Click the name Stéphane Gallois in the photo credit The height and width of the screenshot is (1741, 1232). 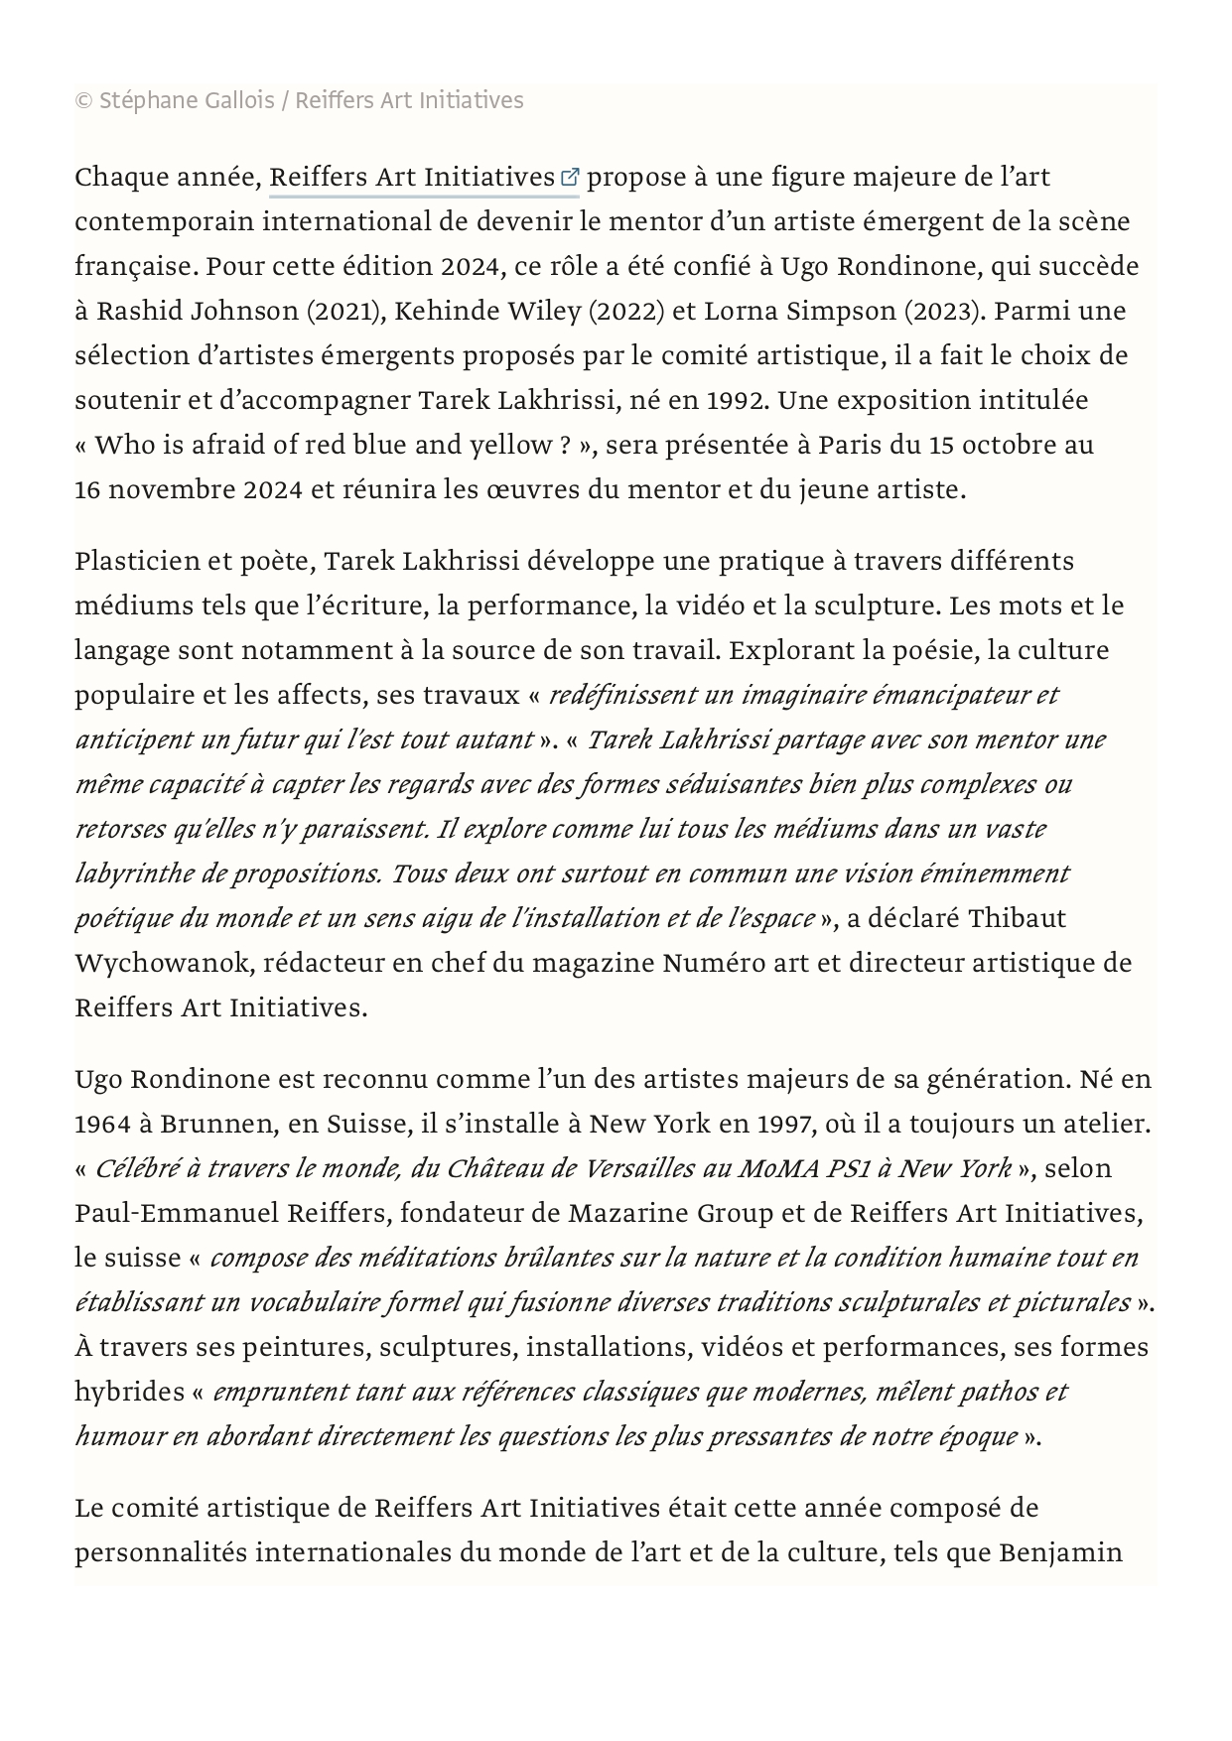187,101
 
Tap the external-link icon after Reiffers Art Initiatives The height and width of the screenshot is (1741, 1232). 570,178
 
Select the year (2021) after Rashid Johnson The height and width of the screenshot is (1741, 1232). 345,312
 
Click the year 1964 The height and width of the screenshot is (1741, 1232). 102,1125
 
